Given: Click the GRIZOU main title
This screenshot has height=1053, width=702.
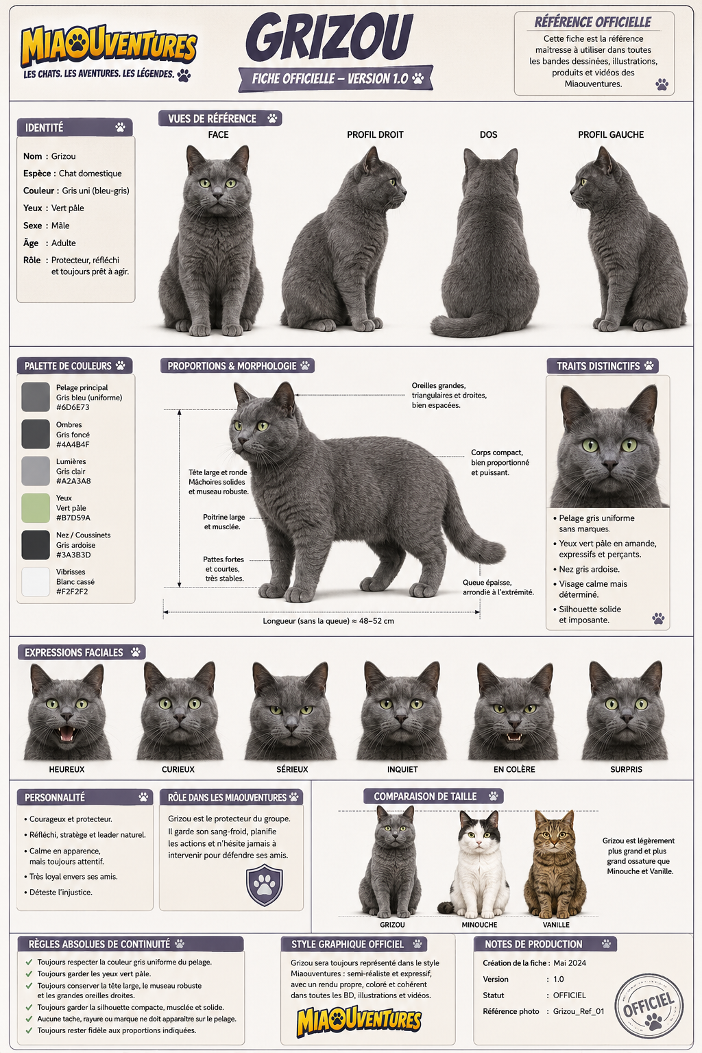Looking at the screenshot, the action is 328,38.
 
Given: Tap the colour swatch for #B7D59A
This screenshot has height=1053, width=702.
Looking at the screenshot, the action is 36,508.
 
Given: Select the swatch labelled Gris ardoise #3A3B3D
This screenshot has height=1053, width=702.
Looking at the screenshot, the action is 36,545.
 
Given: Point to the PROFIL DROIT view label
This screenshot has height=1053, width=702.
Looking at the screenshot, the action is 375,134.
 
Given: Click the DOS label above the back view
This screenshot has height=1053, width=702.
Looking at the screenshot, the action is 489,134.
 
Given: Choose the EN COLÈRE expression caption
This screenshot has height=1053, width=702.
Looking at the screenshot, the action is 514,770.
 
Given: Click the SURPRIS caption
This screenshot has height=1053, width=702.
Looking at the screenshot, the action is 627,770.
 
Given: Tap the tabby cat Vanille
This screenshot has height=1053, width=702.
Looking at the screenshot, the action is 556,864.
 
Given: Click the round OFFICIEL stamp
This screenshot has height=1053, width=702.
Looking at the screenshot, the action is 649,1006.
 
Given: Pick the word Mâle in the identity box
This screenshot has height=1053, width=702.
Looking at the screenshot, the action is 60,226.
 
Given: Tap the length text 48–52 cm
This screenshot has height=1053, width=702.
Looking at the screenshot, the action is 376,621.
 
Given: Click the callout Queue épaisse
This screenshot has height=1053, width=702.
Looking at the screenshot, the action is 487,583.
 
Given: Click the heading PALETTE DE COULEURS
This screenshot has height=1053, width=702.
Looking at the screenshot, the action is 68,365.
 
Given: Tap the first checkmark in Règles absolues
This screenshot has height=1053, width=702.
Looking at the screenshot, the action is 29,962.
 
